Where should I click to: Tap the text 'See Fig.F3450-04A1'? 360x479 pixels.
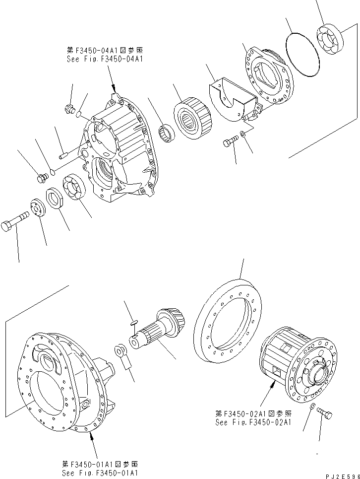(x=105, y=58)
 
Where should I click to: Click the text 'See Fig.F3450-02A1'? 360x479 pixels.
(x=253, y=422)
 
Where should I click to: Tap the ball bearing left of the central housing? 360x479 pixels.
(x=75, y=188)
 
